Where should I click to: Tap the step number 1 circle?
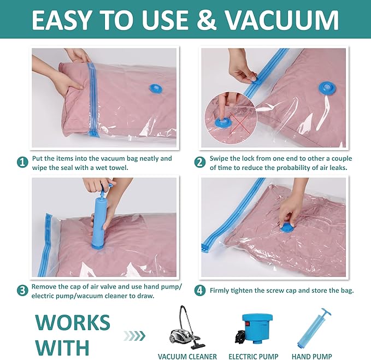pyautogui.click(x=22, y=162)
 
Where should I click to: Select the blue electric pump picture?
pyautogui.click(x=256, y=329)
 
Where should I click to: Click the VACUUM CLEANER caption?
pyautogui.click(x=187, y=356)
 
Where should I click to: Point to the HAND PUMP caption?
pyautogui.click(x=319, y=356)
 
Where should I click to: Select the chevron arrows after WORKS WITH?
pyautogui.click(x=135, y=335)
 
